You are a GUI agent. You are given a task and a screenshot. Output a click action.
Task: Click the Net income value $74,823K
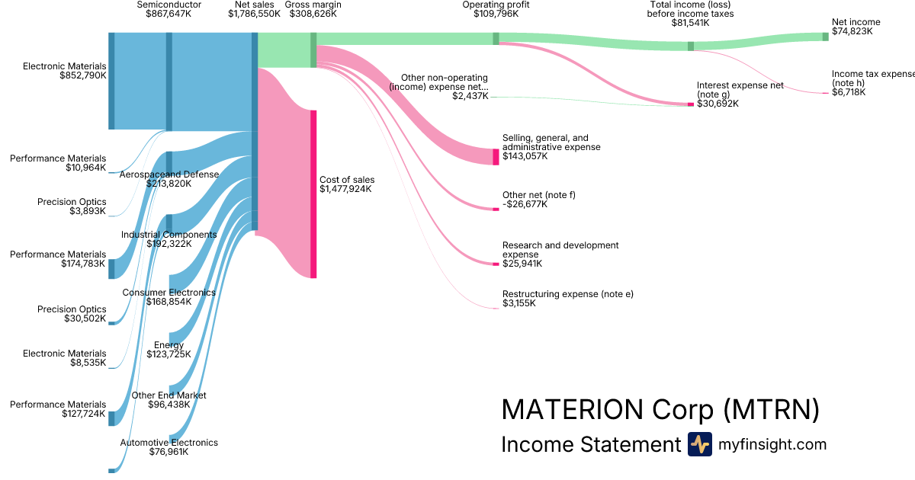pos(852,32)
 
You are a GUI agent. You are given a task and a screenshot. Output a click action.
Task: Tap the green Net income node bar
pos(825,37)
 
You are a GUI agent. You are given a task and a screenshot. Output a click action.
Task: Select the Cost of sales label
pos(347,180)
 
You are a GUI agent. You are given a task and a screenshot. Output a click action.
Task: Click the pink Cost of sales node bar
pos(313,194)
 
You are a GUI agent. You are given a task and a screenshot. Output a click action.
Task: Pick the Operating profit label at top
pos(496,5)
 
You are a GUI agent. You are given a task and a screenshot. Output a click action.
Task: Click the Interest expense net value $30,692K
pos(718,104)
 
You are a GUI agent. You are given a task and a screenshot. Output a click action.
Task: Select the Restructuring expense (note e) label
pos(568,294)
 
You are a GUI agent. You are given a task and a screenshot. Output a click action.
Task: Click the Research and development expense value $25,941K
pos(522,264)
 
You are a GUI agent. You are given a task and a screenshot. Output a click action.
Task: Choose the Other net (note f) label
pos(539,195)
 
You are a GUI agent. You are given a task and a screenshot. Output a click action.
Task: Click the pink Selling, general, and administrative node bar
pos(496,157)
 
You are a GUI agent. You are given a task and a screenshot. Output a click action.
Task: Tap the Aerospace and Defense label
pos(169,174)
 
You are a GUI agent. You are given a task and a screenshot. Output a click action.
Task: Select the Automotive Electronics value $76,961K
pos(169,452)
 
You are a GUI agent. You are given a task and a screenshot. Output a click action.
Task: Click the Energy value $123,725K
pos(169,354)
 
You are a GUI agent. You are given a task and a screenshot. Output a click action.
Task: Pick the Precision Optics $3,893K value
pos(85,211)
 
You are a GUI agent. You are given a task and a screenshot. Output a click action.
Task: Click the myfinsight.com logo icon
pos(700,444)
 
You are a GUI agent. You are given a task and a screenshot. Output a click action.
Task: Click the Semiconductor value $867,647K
pos(169,14)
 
